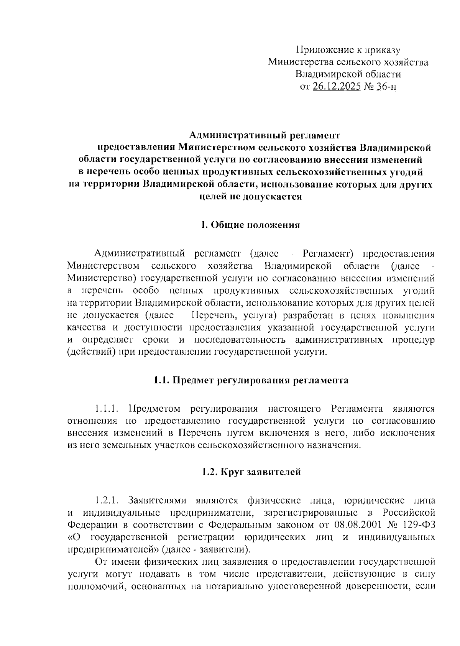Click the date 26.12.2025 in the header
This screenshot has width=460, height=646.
(x=337, y=87)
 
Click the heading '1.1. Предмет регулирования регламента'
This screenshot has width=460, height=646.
(x=251, y=380)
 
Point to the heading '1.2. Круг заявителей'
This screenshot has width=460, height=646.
(x=251, y=472)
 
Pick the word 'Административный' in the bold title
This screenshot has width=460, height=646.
(x=230, y=135)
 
